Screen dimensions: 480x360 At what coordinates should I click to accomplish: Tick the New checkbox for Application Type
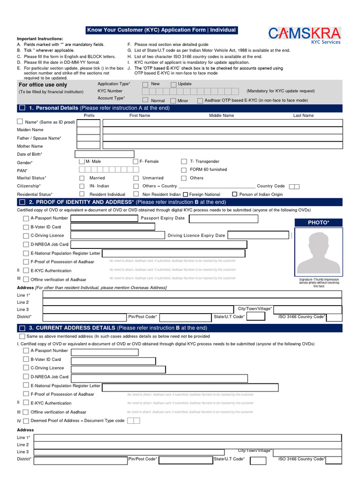[145, 85]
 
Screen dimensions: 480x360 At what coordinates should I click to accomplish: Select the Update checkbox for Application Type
[173, 85]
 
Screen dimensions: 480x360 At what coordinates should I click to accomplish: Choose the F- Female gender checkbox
[136, 161]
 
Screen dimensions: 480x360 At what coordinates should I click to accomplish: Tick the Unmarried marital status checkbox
[136, 178]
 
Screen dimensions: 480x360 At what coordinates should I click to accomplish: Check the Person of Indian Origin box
[235, 194]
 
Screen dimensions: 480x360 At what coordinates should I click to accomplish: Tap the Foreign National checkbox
[185, 194]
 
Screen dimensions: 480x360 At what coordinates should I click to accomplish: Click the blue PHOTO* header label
[318, 222]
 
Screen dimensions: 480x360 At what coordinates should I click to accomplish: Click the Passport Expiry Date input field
[223, 219]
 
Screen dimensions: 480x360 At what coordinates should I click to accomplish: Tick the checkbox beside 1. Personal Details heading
[22, 108]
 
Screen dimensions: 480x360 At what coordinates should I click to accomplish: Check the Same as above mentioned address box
[22, 337]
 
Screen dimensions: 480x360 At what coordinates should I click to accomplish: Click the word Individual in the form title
[223, 30]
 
